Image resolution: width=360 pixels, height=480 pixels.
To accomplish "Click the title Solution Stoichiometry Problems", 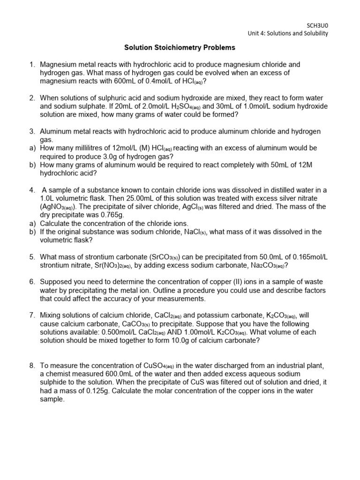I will (x=180, y=47).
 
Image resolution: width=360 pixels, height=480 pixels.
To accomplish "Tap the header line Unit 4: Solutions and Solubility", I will (x=288, y=33).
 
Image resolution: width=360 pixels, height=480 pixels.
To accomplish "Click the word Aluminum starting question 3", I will (x=56, y=131).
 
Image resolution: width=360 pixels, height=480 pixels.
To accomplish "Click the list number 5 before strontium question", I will (x=31, y=257).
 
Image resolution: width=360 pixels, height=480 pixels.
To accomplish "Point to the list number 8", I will (x=31, y=366).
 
